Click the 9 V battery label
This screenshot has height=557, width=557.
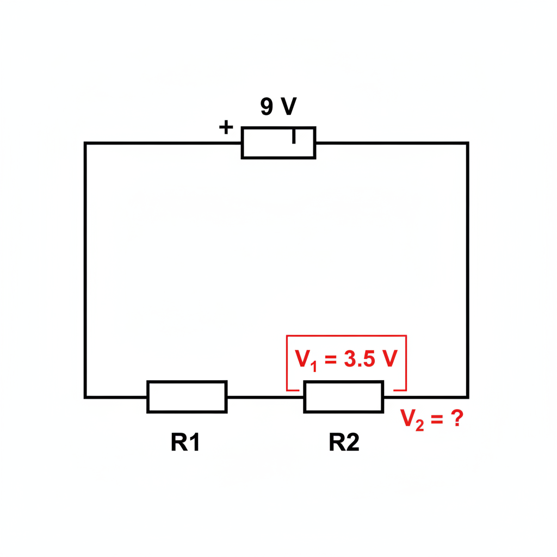[x=278, y=106]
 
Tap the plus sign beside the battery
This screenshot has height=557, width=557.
[x=226, y=127]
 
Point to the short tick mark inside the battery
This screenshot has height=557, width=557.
[x=294, y=137]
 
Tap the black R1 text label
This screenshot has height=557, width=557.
[x=185, y=442]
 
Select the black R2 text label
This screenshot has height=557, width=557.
[x=344, y=442]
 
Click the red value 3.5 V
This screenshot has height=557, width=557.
[x=370, y=358]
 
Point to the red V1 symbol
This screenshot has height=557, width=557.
[x=306, y=360]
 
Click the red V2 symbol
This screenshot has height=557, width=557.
[x=412, y=419]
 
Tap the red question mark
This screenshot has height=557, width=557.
[x=457, y=418]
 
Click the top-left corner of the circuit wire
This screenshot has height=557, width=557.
[x=85, y=143]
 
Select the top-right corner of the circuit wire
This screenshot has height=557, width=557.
[x=467, y=143]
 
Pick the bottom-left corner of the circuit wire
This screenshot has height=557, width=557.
[x=85, y=397]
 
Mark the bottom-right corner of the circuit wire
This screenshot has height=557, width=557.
[x=467, y=397]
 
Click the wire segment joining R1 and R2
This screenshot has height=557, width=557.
[x=265, y=397]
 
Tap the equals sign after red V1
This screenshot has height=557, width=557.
[x=330, y=360]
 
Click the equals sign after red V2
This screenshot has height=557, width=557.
[x=437, y=419]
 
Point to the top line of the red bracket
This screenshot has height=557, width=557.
[x=346, y=335]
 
